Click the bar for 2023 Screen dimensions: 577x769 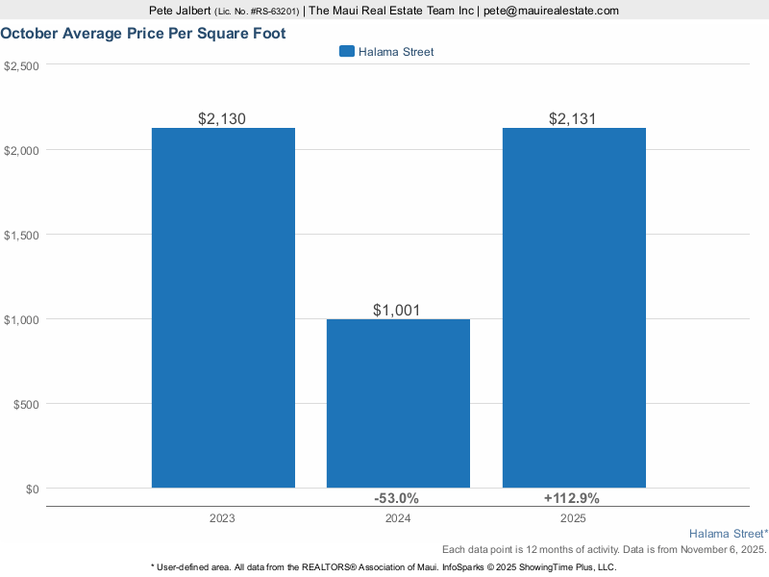click(223, 308)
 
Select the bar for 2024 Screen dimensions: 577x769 click(398, 403)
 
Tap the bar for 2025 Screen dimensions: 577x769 click(574, 308)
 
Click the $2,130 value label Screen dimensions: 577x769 click(223, 119)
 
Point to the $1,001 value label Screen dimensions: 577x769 click(398, 311)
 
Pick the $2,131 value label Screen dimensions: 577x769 click(574, 119)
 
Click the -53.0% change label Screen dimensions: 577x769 click(396, 498)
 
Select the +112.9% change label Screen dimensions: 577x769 click(571, 498)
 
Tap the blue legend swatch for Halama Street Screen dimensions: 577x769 click(347, 52)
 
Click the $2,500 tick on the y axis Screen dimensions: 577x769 click(21, 66)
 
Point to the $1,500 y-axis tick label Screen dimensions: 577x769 click(21, 236)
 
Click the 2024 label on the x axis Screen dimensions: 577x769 click(398, 518)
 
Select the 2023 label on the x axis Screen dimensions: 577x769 click(223, 518)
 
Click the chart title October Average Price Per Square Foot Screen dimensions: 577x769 click(142, 33)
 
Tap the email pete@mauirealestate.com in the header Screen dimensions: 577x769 click(551, 11)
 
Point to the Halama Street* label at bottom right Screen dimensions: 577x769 click(729, 533)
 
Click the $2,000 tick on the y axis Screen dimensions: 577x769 click(21, 151)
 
